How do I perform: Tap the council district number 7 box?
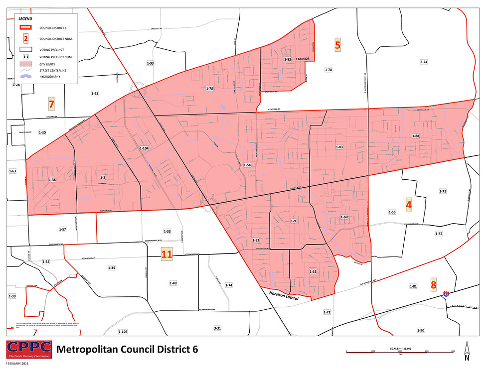pyautogui.click(x=50, y=105)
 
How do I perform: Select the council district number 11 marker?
pyautogui.click(x=166, y=254)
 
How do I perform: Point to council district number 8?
pyautogui.click(x=433, y=284)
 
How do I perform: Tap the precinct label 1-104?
pyautogui.click(x=144, y=148)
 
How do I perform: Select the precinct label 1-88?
pyautogui.click(x=416, y=136)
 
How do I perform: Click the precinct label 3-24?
pyautogui.click(x=424, y=62)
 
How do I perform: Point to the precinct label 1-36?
pyautogui.click(x=52, y=179)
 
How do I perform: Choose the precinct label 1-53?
pyautogui.click(x=313, y=271)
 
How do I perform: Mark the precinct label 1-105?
pyautogui.click(x=123, y=331)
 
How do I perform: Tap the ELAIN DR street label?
pyautogui.click(x=303, y=59)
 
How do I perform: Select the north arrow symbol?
pyautogui.click(x=467, y=351)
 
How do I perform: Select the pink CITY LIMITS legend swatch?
pyautogui.click(x=25, y=64)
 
